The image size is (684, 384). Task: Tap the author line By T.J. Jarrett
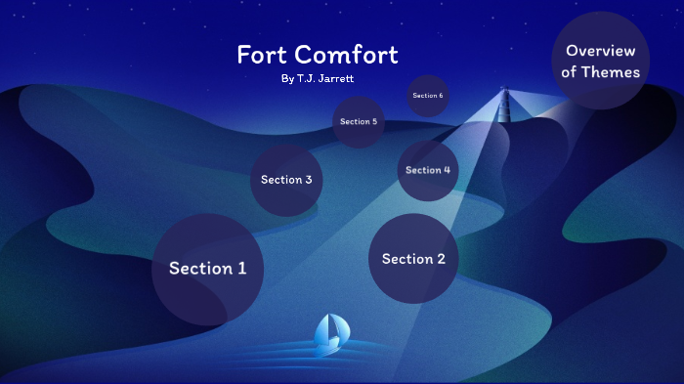(317, 77)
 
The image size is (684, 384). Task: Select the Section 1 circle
(207, 269)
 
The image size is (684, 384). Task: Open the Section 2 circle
(413, 259)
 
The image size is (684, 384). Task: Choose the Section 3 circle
(286, 180)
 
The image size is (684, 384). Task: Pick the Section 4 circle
(428, 170)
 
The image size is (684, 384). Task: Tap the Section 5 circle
(358, 122)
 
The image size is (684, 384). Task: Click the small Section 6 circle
(428, 96)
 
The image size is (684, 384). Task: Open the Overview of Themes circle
(601, 61)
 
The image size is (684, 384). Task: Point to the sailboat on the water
(328, 333)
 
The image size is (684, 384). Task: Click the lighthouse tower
(506, 106)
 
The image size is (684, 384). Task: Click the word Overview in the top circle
(601, 50)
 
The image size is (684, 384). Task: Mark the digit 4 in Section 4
(447, 170)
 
